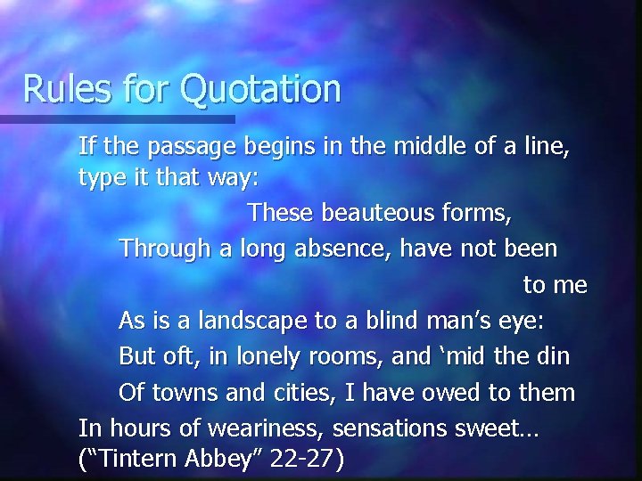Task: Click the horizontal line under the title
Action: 117,118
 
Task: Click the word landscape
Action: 251,321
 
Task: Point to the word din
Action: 553,355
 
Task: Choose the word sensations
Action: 380,428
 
